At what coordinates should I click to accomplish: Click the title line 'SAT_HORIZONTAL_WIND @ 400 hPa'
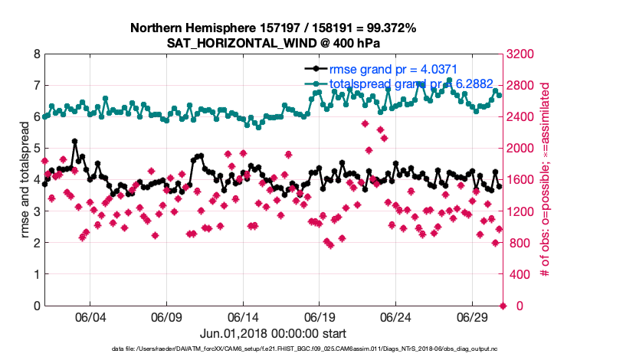(x=274, y=43)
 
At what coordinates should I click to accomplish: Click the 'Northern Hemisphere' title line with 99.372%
(x=274, y=28)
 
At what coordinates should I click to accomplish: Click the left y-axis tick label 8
(x=36, y=54)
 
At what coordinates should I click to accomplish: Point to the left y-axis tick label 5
(x=36, y=149)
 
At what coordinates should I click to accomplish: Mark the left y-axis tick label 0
(x=36, y=306)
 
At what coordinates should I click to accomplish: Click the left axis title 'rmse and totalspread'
(x=23, y=180)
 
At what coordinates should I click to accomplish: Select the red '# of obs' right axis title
(x=546, y=180)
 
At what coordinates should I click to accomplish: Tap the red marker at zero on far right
(x=503, y=306)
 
